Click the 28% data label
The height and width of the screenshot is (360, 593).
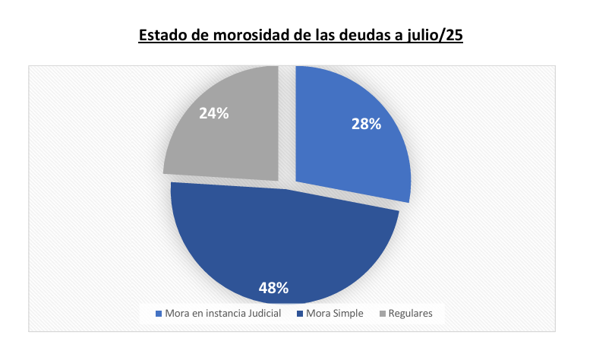pyautogui.click(x=365, y=124)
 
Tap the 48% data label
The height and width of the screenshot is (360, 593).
pyautogui.click(x=273, y=288)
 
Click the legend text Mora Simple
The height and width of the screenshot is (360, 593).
pyautogui.click(x=336, y=313)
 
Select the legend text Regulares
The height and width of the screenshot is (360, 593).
pyautogui.click(x=411, y=313)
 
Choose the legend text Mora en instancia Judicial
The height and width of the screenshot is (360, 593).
pyautogui.click(x=223, y=313)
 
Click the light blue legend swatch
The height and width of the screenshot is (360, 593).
pyautogui.click(x=159, y=313)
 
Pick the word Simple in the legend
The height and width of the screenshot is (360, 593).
pyautogui.click(x=348, y=313)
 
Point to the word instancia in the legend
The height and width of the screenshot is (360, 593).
pyautogui.click(x=220, y=313)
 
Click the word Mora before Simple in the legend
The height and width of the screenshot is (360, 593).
pyautogui.click(x=318, y=313)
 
